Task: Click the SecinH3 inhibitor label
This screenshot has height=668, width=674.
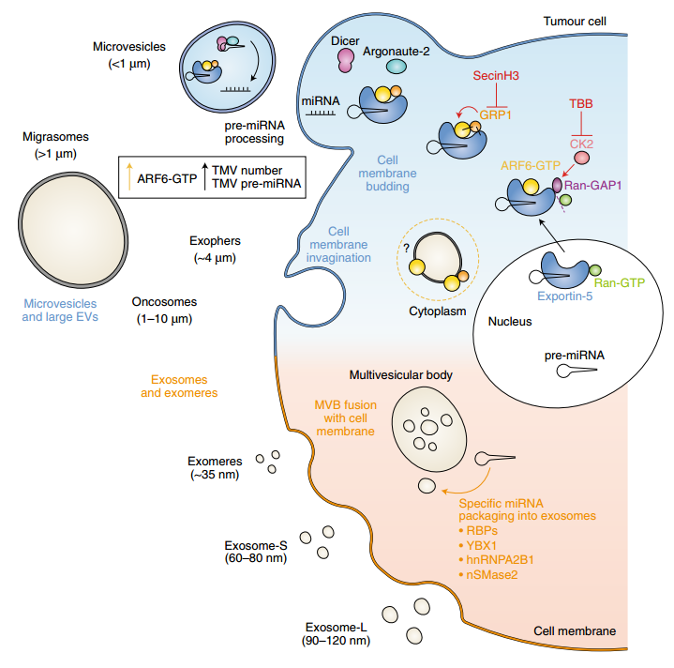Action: [x=496, y=76]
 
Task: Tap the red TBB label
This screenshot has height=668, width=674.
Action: [x=580, y=103]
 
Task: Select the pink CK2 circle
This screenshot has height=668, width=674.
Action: [x=581, y=158]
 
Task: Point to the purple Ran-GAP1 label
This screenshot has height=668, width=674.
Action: [x=592, y=186]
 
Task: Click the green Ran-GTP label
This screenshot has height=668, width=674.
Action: [x=620, y=283]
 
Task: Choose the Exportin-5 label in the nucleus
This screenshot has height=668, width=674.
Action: [x=565, y=296]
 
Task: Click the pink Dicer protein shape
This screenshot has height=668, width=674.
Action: [x=346, y=60]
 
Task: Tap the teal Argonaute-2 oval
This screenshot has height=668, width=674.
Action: [x=397, y=67]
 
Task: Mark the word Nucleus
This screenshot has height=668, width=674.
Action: [x=510, y=321]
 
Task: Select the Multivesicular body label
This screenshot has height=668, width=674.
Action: [x=400, y=375]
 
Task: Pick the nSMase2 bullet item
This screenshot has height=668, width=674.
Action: [x=487, y=575]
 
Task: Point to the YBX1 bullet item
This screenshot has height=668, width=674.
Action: [x=477, y=545]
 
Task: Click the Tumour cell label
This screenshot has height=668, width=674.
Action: [x=575, y=21]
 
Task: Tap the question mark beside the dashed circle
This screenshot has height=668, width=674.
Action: [x=406, y=249]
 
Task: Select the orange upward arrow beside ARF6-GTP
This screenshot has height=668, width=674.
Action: [x=129, y=176]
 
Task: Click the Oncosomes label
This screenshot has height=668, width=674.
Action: [x=164, y=302]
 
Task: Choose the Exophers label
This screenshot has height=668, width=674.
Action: [x=215, y=241]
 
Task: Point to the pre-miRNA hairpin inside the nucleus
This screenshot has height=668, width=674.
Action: [x=577, y=371]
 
